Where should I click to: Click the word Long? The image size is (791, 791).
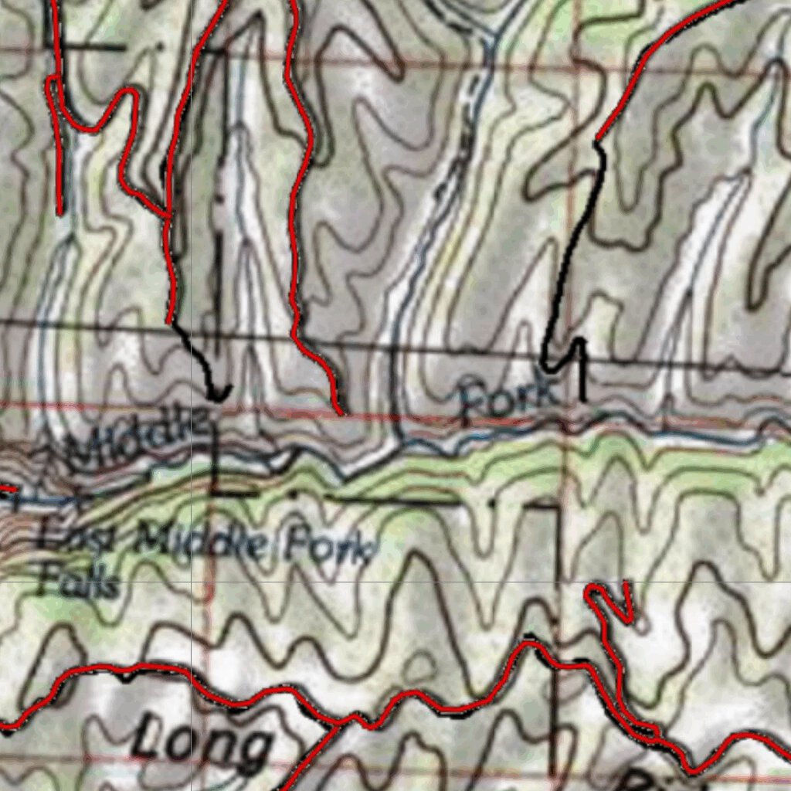(x=202, y=744)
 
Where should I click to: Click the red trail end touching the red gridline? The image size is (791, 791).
(x=341, y=412)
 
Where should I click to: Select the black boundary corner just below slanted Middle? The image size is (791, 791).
(x=215, y=491)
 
